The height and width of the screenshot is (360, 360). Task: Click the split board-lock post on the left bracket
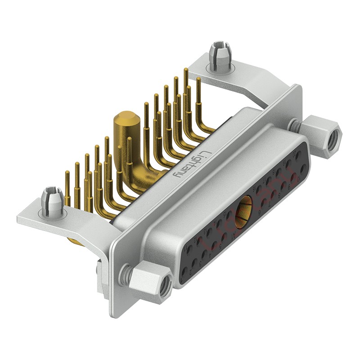(x=50, y=198)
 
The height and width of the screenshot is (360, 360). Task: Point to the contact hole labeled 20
(x=299, y=155)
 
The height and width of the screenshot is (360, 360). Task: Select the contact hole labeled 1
(x=184, y=272)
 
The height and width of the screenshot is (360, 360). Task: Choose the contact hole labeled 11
(x=189, y=249)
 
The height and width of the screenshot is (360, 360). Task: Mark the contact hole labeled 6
(x=264, y=202)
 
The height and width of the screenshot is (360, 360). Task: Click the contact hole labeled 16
(x=259, y=189)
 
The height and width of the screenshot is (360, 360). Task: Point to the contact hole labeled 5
(x=224, y=237)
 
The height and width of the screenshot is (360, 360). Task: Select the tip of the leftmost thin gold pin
(x=67, y=172)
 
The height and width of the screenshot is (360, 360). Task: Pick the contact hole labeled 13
(x=209, y=232)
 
